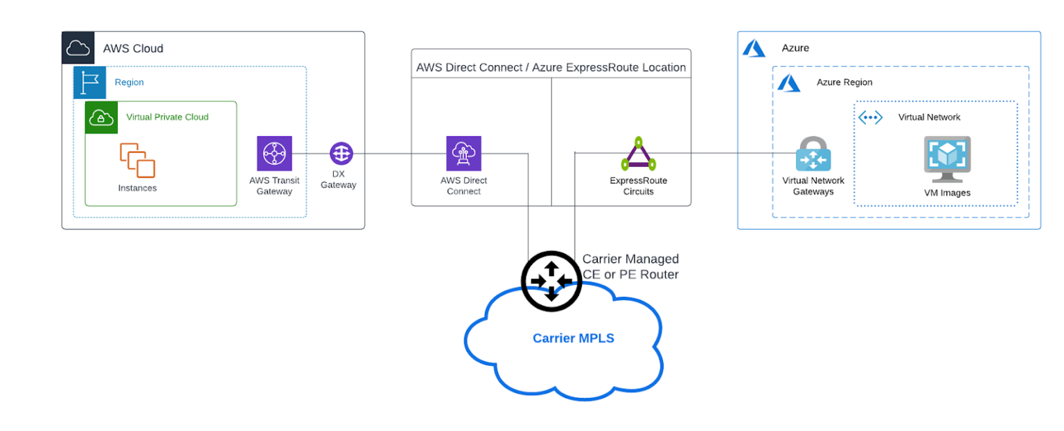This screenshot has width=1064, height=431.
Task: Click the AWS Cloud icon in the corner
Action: (x=78, y=48)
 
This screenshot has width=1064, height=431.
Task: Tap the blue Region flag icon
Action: (x=89, y=82)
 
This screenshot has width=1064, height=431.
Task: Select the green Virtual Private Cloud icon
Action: (x=101, y=117)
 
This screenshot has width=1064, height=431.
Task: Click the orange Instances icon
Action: (x=137, y=161)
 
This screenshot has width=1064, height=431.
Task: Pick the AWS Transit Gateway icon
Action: (x=274, y=154)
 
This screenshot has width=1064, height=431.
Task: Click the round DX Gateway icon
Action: (x=342, y=154)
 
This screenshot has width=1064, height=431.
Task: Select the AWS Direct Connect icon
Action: (x=463, y=154)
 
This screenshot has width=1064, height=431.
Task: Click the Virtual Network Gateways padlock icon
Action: (x=813, y=154)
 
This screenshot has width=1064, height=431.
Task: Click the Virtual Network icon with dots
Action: (x=870, y=118)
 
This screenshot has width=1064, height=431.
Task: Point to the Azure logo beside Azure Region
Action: (x=788, y=83)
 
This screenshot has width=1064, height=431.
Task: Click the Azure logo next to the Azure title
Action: (x=754, y=48)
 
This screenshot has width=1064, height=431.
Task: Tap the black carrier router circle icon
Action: (x=551, y=281)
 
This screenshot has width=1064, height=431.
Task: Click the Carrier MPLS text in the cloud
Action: (x=573, y=338)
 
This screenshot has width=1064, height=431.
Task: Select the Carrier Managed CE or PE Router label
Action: (x=630, y=266)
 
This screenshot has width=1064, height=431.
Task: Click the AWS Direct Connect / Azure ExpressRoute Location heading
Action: (x=551, y=68)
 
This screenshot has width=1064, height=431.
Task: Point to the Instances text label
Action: (x=137, y=188)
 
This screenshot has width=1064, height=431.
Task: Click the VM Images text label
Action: (x=947, y=193)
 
